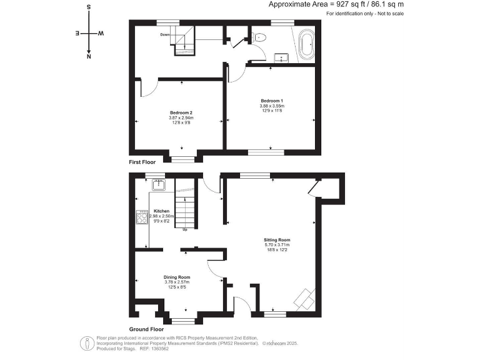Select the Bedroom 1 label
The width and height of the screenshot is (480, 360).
pos(272,100)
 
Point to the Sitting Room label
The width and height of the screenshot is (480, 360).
pos(277,239)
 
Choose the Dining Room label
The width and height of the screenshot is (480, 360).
pos(177,276)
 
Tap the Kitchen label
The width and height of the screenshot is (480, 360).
pos(162,211)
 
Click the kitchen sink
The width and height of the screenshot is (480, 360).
pos(159,184)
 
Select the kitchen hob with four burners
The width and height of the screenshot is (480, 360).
pos(142,217)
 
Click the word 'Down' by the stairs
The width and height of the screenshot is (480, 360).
pos(165,34)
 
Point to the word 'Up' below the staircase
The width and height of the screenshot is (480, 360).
pos(185,230)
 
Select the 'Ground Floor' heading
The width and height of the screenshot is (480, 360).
pos(146,329)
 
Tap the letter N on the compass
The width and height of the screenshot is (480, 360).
pos(89,56)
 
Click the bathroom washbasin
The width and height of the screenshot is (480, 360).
pos(283,58)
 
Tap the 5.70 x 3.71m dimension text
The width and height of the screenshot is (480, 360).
pos(277,244)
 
